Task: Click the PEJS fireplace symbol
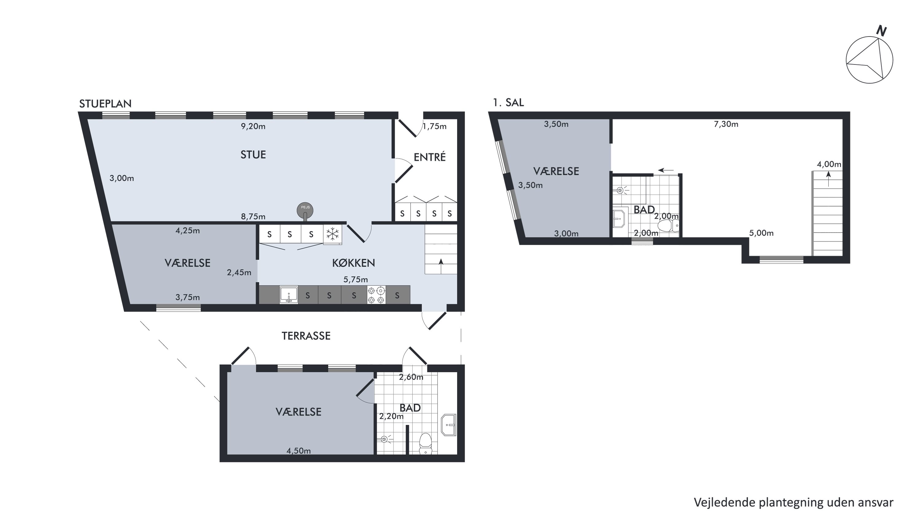point(305,211)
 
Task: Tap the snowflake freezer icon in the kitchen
point(332,234)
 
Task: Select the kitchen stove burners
point(376,295)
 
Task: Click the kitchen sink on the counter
point(289,295)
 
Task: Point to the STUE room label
point(253,155)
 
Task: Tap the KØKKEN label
point(354,263)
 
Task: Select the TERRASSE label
point(306,336)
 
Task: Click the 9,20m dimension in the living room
point(253,126)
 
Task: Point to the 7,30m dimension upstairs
point(726,124)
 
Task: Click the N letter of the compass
point(882,31)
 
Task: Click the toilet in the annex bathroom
point(425,444)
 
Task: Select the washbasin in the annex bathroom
point(449,425)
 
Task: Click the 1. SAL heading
point(508,102)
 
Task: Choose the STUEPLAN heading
point(106,104)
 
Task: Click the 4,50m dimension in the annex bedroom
point(298,451)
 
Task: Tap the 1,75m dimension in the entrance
point(435,126)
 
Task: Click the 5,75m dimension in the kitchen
point(356,280)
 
